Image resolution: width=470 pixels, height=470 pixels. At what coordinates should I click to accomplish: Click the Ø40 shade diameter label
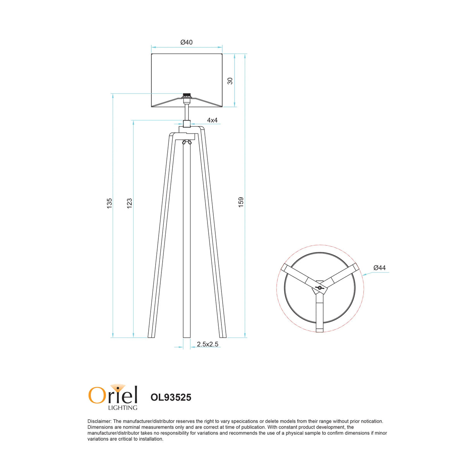pos(186,42)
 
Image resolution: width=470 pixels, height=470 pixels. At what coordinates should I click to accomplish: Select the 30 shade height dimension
pos(230,81)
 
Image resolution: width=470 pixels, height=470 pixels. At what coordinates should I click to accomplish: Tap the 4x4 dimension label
pos(212,120)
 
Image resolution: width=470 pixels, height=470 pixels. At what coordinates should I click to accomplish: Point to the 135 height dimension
pos(110,203)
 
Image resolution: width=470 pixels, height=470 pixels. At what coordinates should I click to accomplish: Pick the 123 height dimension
pos(130,203)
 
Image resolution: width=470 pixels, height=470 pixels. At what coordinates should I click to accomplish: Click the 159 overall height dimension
pos(241,202)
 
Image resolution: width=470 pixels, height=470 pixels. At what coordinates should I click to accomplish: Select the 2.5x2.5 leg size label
pos(208,344)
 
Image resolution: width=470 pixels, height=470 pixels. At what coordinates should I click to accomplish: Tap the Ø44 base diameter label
pos(379,268)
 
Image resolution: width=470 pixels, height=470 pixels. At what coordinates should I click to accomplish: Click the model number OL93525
pos(171,398)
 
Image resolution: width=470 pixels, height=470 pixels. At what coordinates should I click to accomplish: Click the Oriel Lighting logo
pos(113,396)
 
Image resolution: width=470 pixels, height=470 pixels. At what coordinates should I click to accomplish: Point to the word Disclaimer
pos(99,421)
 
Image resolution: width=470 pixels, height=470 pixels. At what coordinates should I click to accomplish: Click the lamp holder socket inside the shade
pos(187,96)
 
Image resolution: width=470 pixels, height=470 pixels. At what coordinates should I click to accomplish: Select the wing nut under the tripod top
pos(187,142)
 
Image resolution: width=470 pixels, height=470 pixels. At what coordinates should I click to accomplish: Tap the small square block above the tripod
pos(187,124)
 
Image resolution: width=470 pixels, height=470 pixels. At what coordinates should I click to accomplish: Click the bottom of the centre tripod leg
pos(187,335)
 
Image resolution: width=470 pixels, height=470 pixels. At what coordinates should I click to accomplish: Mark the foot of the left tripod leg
pos(151,335)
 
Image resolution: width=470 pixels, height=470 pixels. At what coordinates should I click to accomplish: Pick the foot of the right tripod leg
pos(223,335)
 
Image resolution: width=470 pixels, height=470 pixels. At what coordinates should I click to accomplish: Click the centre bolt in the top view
pos(319,288)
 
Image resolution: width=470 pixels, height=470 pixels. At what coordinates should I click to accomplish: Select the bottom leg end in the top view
pos(319,329)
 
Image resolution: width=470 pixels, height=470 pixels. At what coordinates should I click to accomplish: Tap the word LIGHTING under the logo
pos(122,408)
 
